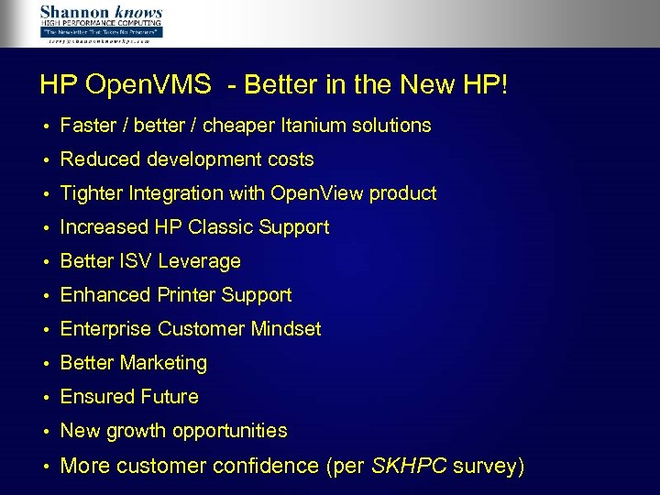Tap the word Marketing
point(162,363)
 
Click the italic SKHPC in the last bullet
point(410,466)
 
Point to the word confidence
point(265,466)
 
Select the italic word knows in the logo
point(140,13)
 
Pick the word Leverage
point(199,261)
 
